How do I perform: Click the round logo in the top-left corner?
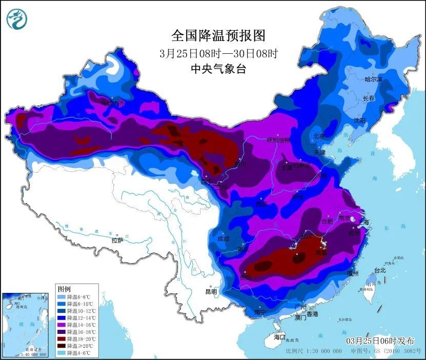[16, 19]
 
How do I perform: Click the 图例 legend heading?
[64, 289]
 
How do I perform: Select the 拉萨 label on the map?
[117, 240]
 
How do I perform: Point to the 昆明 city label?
[211, 292]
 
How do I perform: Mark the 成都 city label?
[224, 238]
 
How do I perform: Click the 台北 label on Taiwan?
[379, 270]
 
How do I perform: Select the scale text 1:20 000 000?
[322, 352]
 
